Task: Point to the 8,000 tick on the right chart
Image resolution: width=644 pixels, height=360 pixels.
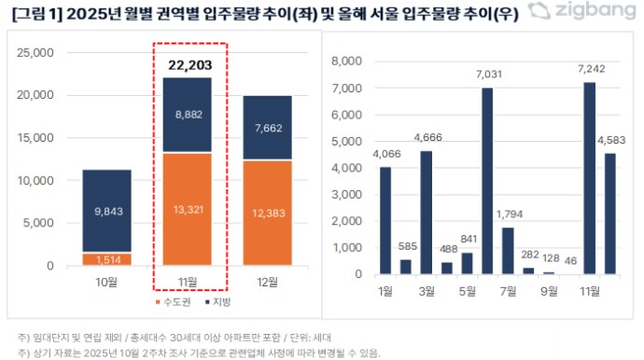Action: [345, 62]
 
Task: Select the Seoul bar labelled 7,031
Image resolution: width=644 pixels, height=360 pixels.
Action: [487, 181]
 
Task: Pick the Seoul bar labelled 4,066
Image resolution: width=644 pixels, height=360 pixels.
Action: [385, 220]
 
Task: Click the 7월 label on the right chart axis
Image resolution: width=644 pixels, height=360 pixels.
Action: [509, 291]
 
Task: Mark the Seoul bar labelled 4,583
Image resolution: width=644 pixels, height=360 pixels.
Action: [610, 214]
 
